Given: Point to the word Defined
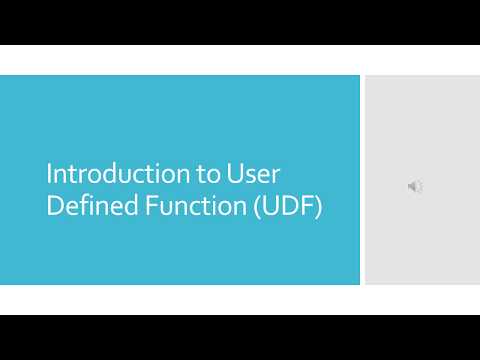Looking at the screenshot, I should pyautogui.click(x=87, y=211).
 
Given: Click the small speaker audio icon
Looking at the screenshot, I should pyautogui.click(x=415, y=187).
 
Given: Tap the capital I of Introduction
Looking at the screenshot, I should pyautogui.click(x=50, y=173).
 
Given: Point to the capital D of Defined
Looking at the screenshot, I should pyautogui.click(x=55, y=211).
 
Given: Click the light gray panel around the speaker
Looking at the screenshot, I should pyautogui.click(x=420, y=120).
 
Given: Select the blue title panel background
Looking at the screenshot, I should pyautogui.click(x=180, y=110).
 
